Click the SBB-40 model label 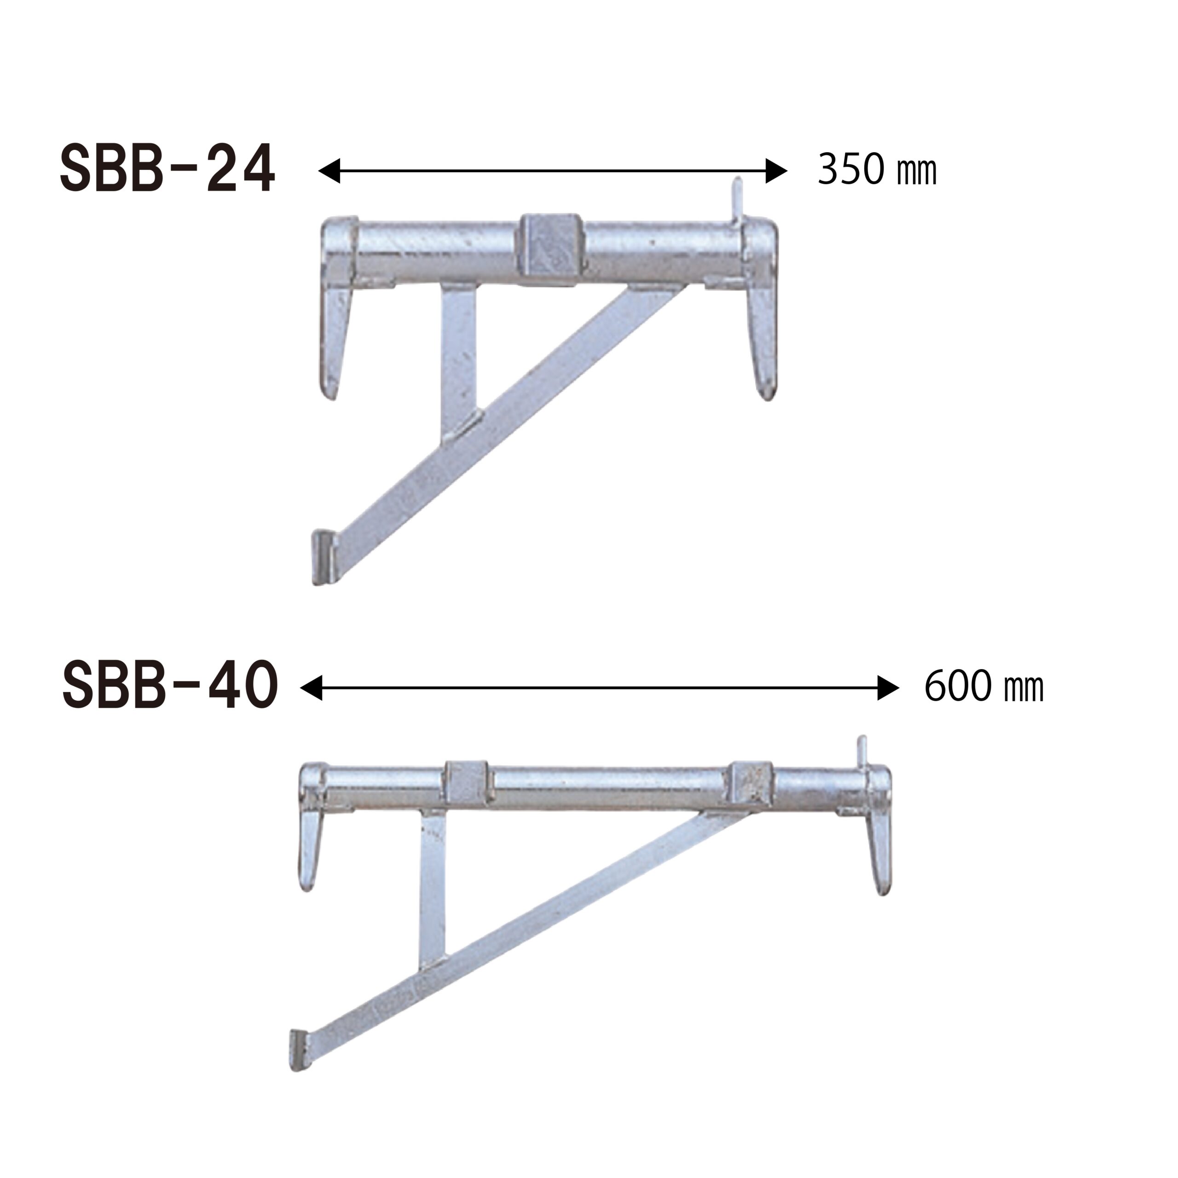pyautogui.click(x=170, y=687)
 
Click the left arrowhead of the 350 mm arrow pyautogui.click(x=329, y=171)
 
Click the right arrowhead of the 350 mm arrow pyautogui.click(x=776, y=171)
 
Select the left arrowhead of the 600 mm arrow pyautogui.click(x=311, y=688)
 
